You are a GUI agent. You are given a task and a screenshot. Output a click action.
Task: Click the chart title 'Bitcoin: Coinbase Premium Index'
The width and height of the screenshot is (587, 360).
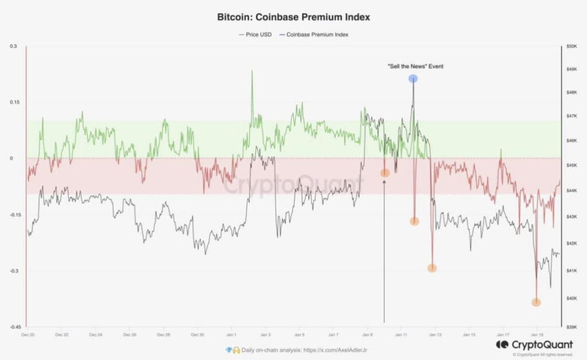(x=293, y=17)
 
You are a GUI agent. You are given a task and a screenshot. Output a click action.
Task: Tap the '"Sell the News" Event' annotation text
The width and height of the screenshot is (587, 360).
(x=415, y=66)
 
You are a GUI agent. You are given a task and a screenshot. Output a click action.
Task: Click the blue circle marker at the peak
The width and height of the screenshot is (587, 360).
(x=413, y=79)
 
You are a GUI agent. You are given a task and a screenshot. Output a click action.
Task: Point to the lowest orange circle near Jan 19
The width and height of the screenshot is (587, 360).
(x=536, y=302)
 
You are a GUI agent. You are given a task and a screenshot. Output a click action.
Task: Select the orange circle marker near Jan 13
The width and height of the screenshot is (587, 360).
(x=432, y=268)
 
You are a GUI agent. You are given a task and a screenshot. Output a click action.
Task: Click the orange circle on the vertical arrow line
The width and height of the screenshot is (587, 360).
(x=385, y=173)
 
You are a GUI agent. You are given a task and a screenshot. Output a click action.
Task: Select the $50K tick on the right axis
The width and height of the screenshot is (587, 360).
(x=572, y=46)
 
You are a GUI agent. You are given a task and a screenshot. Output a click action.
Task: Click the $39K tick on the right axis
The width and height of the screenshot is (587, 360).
(x=572, y=326)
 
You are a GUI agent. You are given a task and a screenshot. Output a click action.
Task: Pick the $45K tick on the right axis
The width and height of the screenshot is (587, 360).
(x=572, y=166)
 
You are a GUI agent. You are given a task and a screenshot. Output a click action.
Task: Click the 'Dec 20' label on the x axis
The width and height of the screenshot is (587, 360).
(x=28, y=334)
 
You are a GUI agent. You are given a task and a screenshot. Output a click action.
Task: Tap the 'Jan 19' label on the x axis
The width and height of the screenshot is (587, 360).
(x=537, y=334)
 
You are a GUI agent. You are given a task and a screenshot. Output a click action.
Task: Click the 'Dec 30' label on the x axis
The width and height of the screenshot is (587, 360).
(x=197, y=334)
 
